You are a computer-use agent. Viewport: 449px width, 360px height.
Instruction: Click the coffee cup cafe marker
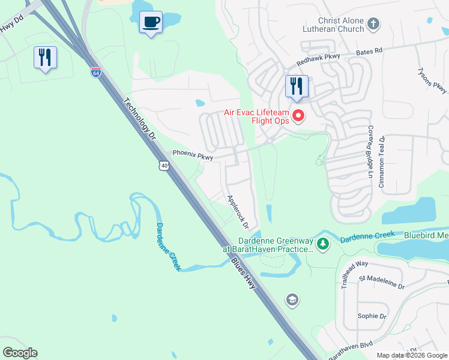click(x=151, y=23)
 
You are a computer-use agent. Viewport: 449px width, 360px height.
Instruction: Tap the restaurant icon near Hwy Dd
click(x=45, y=58)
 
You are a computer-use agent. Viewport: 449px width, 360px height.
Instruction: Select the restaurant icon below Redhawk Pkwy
click(x=297, y=86)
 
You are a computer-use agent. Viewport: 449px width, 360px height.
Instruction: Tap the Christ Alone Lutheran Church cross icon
click(x=373, y=25)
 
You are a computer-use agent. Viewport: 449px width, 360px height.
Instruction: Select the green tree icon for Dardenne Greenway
click(x=323, y=244)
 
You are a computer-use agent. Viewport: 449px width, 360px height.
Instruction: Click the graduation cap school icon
click(x=292, y=300)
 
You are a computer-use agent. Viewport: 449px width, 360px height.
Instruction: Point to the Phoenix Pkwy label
click(x=193, y=155)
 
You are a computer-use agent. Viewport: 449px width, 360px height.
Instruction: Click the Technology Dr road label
click(x=139, y=119)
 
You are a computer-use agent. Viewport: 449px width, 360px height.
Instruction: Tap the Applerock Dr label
click(x=237, y=212)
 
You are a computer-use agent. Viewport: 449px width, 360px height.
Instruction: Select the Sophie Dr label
click(x=367, y=316)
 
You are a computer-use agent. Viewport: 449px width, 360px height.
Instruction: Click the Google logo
click(x=20, y=353)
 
